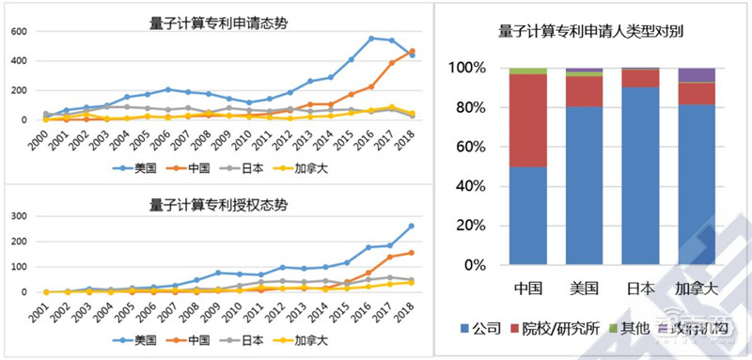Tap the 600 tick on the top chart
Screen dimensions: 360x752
click(x=17, y=31)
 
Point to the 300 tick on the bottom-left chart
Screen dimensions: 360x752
click(x=17, y=216)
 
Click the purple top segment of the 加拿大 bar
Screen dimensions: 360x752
click(x=697, y=75)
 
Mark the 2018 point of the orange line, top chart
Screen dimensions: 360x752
click(x=412, y=51)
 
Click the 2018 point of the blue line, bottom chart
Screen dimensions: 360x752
click(x=412, y=226)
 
